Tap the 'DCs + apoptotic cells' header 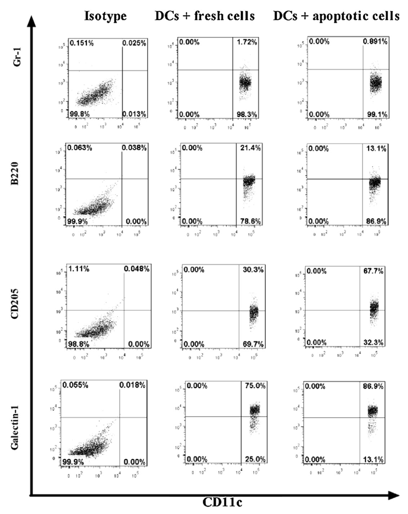(337, 17)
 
